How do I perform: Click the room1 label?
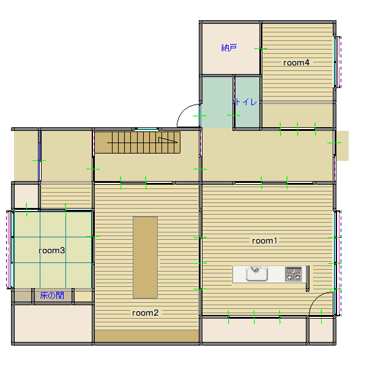pyautogui.click(x=264, y=241)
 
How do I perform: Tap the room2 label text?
pyautogui.click(x=145, y=313)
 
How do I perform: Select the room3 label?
pyautogui.click(x=52, y=251)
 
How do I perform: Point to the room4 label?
pyautogui.click(x=296, y=63)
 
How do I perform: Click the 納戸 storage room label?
pyautogui.click(x=229, y=48)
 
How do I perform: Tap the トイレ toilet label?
pyautogui.click(x=246, y=102)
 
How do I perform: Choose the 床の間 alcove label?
pyautogui.click(x=52, y=295)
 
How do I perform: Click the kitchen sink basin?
pyautogui.click(x=257, y=273)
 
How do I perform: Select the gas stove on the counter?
pyautogui.click(x=294, y=274)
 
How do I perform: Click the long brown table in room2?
pyautogui.click(x=145, y=258)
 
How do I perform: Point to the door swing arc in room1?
pyautogui.click(x=316, y=298)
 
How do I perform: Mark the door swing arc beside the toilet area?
pyautogui.click(x=183, y=111)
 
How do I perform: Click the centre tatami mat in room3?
pyautogui.click(x=53, y=250)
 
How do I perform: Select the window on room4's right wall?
pyautogui.click(x=337, y=62)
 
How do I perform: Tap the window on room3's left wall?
pyautogui.click(x=9, y=250)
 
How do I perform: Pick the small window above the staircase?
pyautogui.click(x=147, y=128)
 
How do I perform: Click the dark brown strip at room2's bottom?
pyautogui.click(x=147, y=336)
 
